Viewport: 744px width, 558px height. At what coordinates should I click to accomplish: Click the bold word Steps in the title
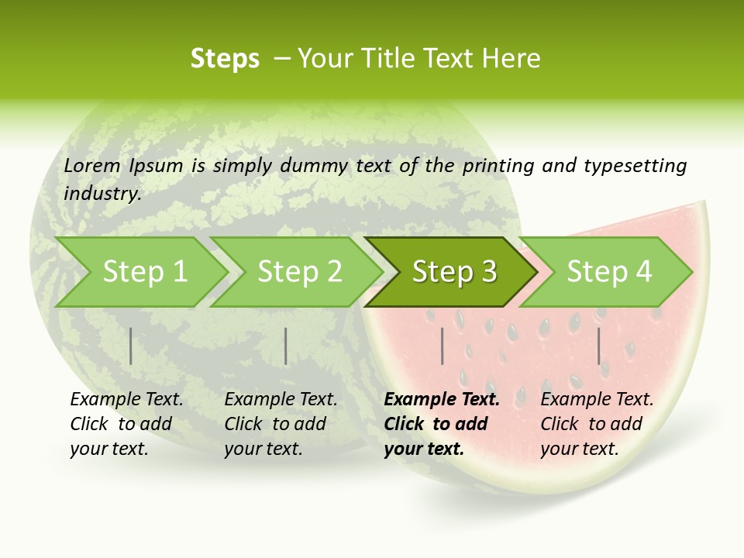225,59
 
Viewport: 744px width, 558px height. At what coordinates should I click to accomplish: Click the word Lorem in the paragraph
92,165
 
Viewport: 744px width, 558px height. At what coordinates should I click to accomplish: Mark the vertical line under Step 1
131,346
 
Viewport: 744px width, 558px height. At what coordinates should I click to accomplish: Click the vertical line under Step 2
286,346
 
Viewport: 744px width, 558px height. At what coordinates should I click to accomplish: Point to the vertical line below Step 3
442,346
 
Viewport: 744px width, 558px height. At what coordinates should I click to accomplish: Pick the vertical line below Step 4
598,346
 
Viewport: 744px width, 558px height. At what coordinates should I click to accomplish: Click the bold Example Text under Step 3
442,400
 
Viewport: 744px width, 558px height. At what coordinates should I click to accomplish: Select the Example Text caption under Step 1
126,400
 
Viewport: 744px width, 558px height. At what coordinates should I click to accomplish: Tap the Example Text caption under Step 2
281,400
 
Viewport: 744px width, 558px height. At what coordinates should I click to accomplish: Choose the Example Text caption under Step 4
597,400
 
